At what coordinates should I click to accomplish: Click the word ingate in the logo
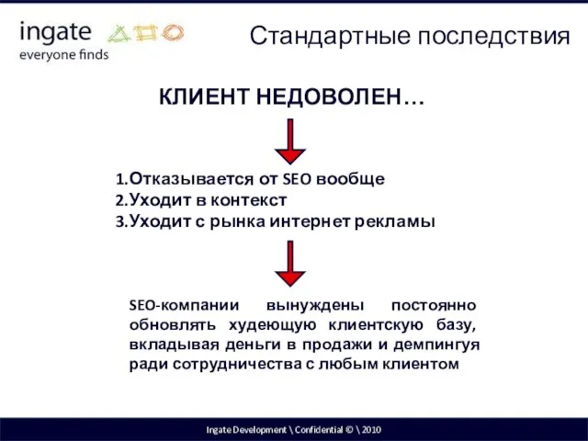click(x=55, y=31)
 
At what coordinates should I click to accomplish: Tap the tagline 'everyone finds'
click(x=63, y=54)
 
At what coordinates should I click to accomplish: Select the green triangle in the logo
click(x=122, y=35)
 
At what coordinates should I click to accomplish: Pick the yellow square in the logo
click(x=146, y=35)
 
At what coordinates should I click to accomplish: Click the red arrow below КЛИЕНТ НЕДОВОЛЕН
click(x=290, y=141)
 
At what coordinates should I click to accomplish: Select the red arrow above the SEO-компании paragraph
click(x=290, y=262)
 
